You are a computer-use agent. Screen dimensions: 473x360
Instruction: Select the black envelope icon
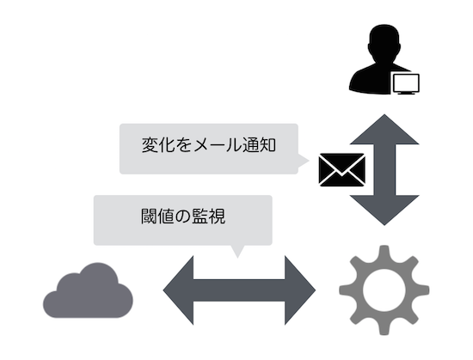[x=341, y=169]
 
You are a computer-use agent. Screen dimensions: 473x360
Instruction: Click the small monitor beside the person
[x=406, y=84]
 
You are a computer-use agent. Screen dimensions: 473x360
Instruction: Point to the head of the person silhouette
[x=384, y=42]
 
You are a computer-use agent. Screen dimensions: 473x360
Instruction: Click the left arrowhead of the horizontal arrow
[x=178, y=290]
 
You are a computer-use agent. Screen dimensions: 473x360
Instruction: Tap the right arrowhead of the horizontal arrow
[x=300, y=290]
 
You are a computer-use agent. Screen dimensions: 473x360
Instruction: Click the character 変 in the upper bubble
[x=150, y=144]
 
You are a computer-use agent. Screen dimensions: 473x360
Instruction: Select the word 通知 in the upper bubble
[x=259, y=144]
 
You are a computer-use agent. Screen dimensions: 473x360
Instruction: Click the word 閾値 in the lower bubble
[x=157, y=216]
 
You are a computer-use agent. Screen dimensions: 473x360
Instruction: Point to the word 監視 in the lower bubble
[x=209, y=216]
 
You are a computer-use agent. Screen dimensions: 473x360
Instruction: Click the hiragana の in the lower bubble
[x=183, y=217]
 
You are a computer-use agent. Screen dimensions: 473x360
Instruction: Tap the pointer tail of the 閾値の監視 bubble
[x=237, y=251]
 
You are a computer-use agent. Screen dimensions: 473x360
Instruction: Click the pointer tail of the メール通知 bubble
[x=304, y=161]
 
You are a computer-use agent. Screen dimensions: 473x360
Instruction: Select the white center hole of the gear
[x=384, y=290]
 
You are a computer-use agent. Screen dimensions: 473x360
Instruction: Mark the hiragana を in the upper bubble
[x=183, y=144]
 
